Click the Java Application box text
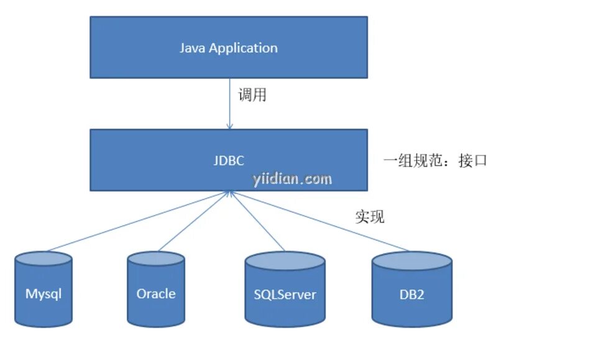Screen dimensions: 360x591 229,48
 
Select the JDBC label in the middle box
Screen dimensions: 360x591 228,160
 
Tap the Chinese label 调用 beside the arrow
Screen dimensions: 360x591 253,96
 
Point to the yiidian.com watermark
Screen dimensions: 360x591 292,179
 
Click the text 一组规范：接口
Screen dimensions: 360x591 435,160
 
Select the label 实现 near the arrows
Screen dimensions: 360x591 370,216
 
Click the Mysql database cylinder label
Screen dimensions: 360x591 44,293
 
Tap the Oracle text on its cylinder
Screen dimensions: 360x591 156,293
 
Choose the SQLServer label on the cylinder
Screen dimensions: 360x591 285,294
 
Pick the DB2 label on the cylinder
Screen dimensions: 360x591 412,294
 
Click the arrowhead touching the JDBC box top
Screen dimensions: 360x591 229,126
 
